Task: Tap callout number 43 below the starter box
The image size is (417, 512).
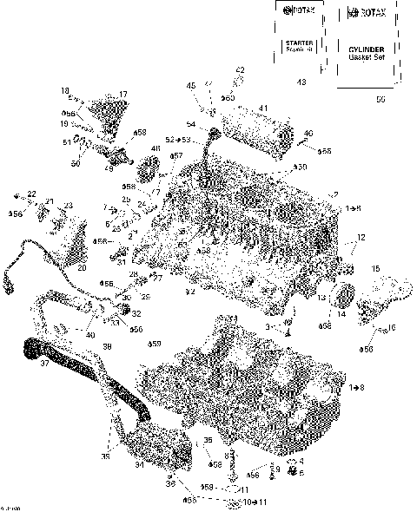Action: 301,82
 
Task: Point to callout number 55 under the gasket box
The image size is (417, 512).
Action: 381,100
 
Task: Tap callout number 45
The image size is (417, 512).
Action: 191,85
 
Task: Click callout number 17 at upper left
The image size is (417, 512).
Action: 123,94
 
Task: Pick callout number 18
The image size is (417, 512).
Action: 64,90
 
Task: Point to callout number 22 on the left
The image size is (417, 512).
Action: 31,194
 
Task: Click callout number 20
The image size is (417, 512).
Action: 82,267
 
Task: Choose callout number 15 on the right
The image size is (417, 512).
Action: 375,269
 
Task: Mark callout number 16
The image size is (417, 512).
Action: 391,327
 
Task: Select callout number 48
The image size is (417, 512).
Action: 156,149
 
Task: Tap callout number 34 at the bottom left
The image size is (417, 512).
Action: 139,464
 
